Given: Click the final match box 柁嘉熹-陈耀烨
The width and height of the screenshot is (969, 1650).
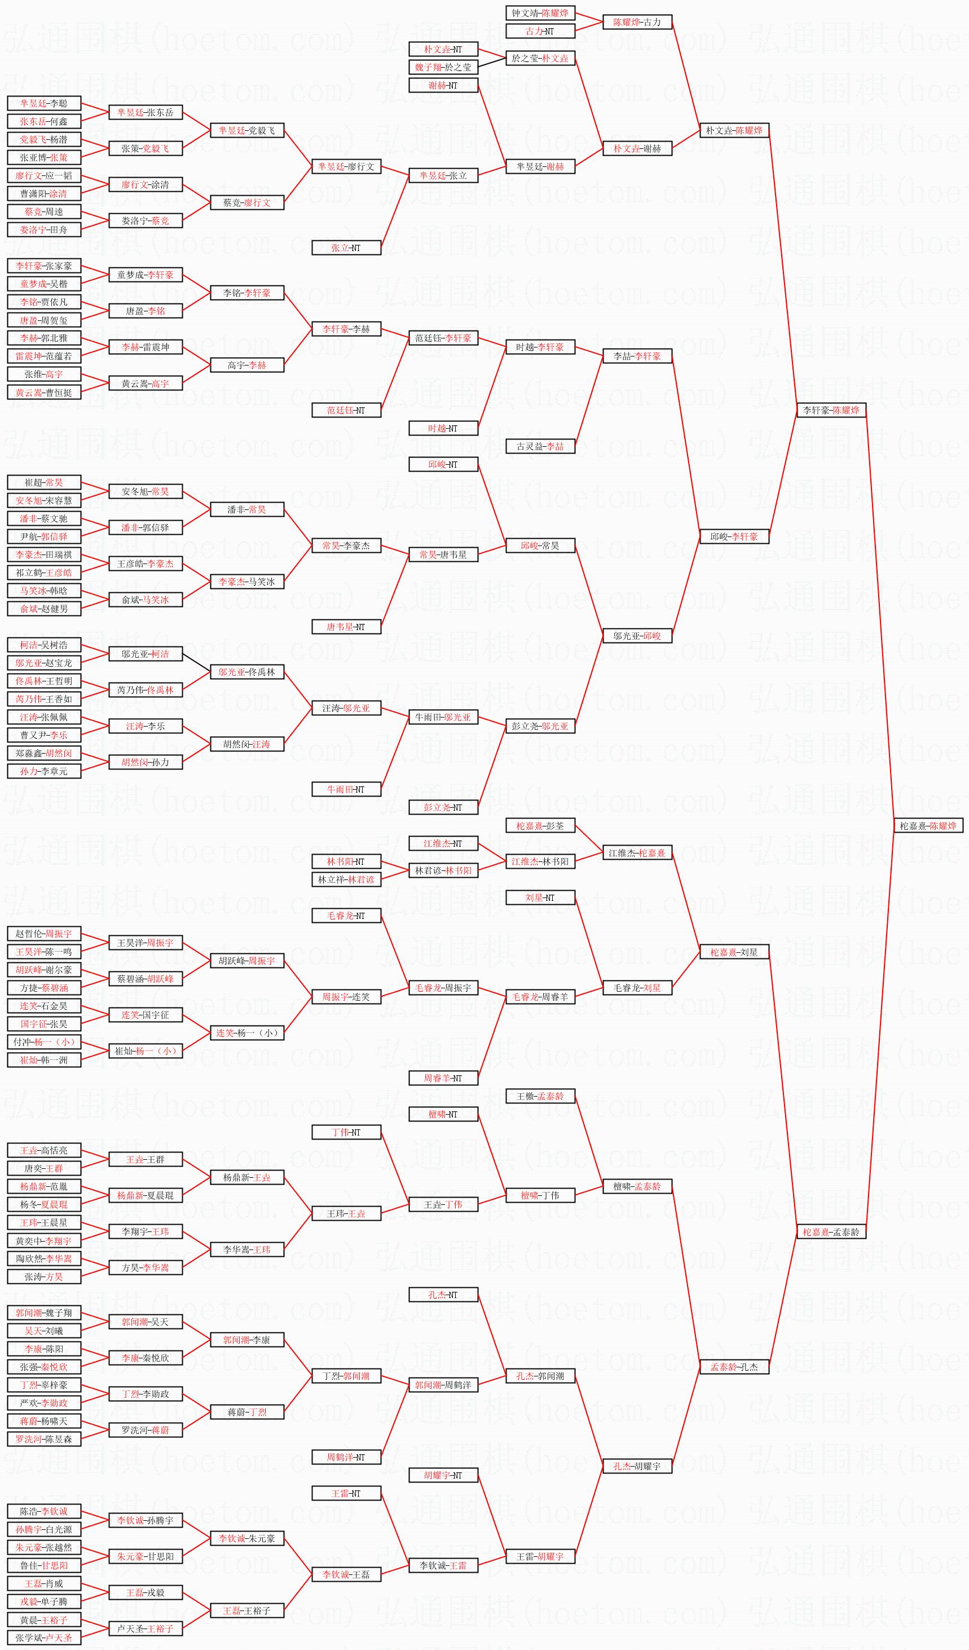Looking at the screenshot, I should point(928,826).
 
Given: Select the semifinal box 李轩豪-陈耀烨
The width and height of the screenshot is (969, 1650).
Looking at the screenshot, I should point(831,410).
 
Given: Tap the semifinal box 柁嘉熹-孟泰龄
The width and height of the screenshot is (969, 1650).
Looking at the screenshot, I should point(831,1231).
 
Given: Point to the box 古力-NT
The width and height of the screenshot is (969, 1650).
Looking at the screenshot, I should point(540,31).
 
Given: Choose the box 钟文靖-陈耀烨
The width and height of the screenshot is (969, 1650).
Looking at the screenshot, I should point(540,12).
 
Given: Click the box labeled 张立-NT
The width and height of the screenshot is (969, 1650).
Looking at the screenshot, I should point(346,248).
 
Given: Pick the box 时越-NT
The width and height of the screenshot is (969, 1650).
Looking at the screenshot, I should point(443,428).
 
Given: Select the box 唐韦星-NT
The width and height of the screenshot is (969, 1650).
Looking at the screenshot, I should point(346,627).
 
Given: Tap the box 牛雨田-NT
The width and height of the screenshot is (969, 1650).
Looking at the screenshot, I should point(346,789).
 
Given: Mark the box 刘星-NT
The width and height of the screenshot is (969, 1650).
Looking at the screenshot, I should point(540,897).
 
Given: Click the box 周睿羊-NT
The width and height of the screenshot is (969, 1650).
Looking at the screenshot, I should point(443,1078).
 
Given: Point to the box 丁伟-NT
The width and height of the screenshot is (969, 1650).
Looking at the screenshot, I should point(346,1132).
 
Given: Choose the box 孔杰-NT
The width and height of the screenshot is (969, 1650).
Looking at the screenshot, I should point(443,1295).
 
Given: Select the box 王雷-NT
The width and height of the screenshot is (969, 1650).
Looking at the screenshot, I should point(346,1494).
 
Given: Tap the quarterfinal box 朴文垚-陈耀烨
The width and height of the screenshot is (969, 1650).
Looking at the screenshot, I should point(734,130).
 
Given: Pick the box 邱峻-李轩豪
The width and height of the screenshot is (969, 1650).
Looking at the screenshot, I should point(734,536).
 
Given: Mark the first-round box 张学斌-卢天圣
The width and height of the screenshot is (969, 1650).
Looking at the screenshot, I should point(44,1638).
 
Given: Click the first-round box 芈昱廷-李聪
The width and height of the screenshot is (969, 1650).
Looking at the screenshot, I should point(44,103).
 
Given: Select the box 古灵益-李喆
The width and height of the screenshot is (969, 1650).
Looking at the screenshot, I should point(540,447).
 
